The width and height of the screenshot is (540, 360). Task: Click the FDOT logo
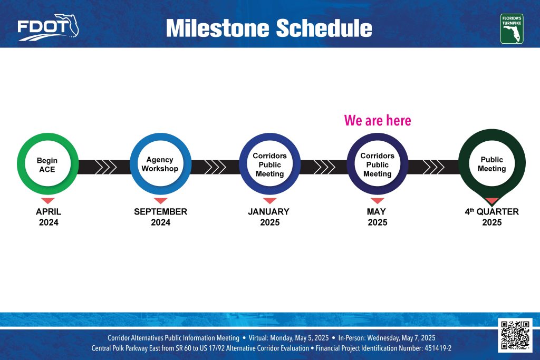[x=48, y=27]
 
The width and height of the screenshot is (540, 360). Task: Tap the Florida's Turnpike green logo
[x=512, y=29]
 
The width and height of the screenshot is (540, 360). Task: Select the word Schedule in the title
[x=324, y=28]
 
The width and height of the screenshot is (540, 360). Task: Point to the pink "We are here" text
[x=378, y=121]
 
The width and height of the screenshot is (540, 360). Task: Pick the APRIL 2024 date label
[x=49, y=217]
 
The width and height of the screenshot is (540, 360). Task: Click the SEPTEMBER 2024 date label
[x=160, y=217]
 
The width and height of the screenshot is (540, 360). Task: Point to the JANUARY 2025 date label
[x=269, y=217]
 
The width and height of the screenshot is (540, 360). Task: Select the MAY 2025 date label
[x=377, y=217]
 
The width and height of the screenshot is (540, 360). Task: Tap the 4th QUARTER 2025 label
[x=492, y=217]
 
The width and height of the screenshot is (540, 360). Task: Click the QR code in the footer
[x=515, y=335]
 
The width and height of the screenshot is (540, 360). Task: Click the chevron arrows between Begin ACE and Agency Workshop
[x=106, y=167]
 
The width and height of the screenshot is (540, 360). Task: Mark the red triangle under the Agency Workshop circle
[x=160, y=201]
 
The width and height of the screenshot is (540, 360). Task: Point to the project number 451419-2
[x=438, y=348]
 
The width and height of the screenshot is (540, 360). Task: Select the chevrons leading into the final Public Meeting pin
[x=433, y=167]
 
